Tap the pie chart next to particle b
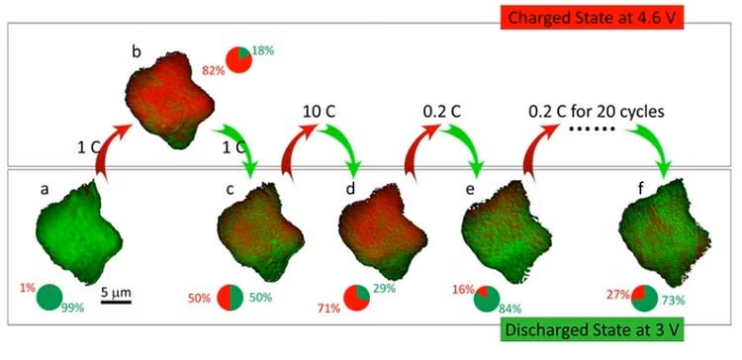tap(239, 58)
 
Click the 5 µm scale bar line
tap(116, 302)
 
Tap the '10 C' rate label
tap(320, 111)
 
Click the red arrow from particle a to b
tap(112, 148)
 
